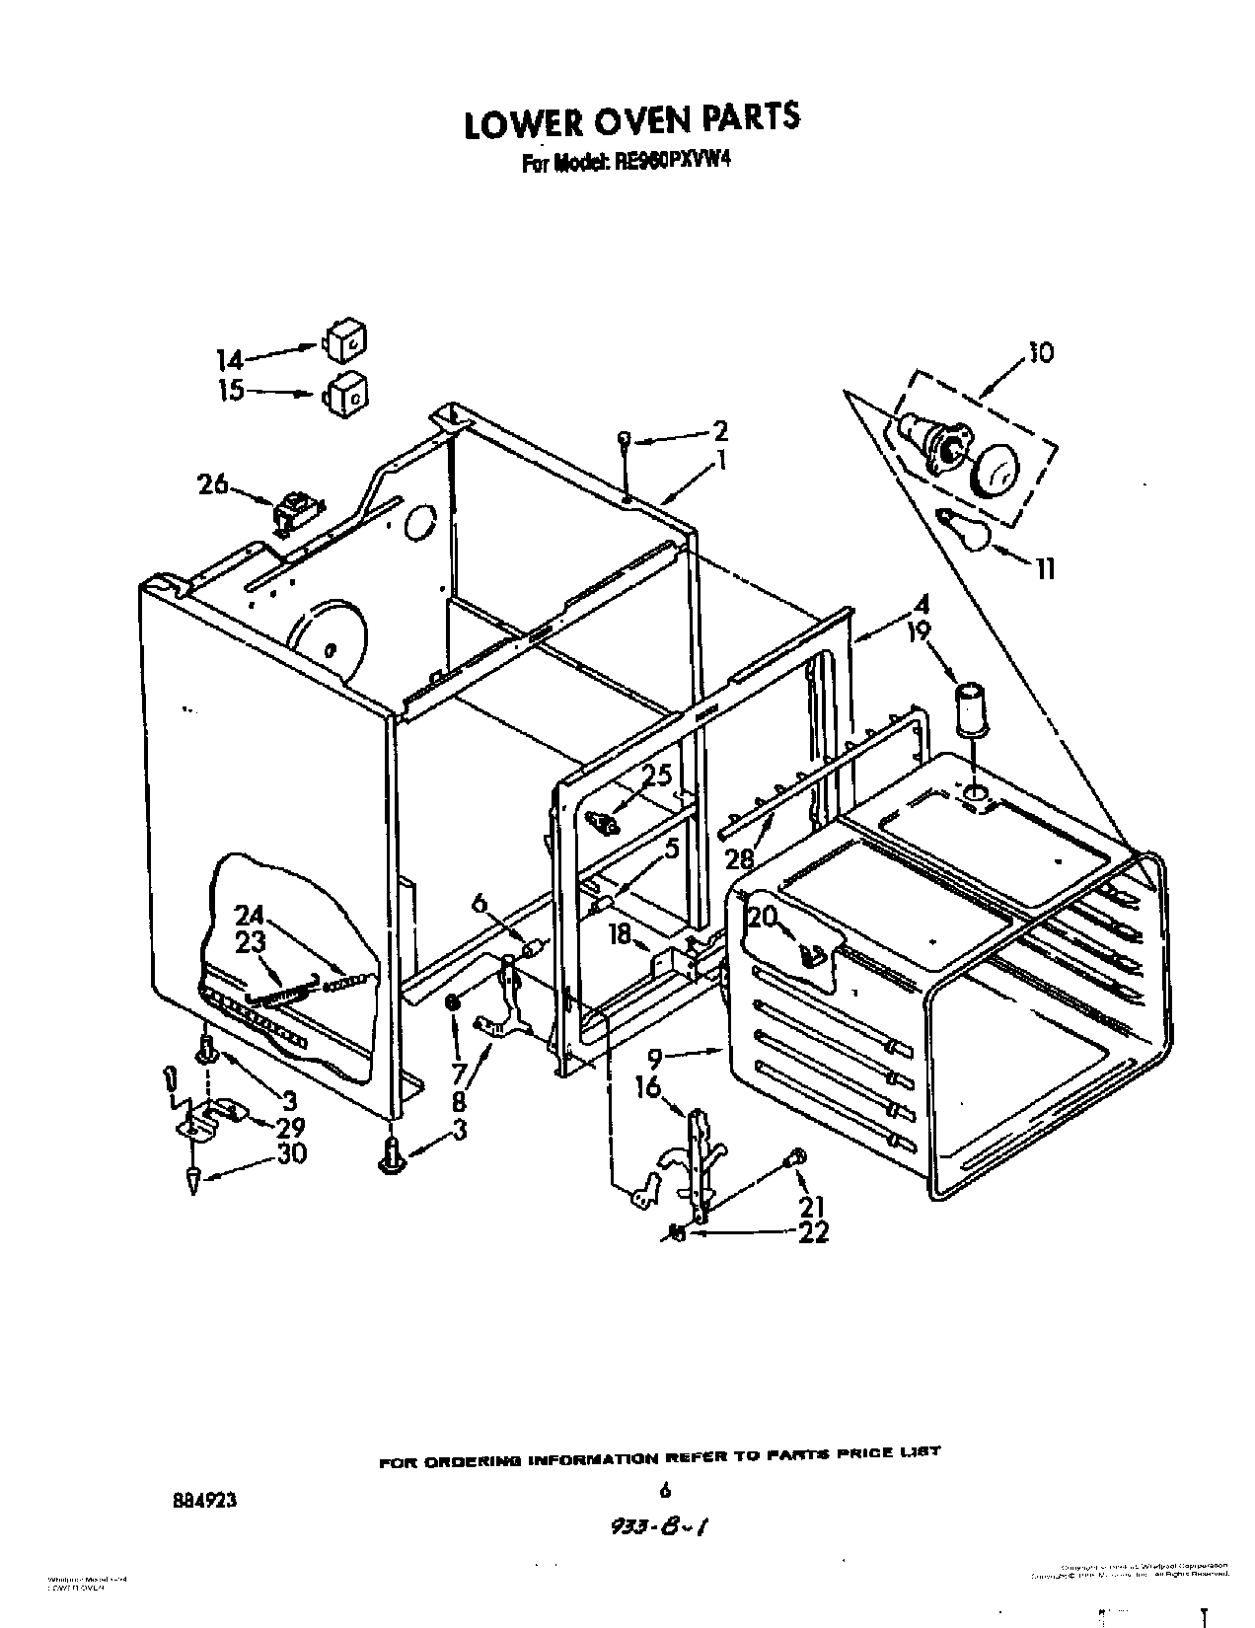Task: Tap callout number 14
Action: [230, 359]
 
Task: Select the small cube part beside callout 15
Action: [345, 391]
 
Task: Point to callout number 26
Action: [211, 484]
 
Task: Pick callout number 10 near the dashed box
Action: [1040, 352]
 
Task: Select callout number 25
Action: [658, 776]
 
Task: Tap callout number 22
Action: [813, 1232]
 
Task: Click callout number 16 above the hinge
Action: [647, 1087]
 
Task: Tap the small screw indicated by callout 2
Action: [625, 439]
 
